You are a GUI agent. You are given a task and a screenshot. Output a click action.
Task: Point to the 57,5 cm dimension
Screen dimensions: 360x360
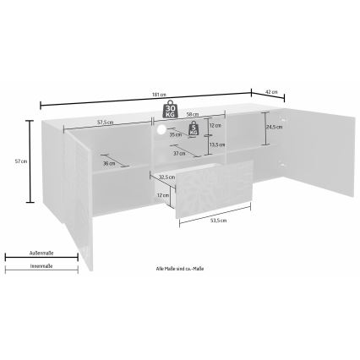point(105,122)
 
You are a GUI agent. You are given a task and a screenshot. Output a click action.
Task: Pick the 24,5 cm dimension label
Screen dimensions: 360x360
point(274,128)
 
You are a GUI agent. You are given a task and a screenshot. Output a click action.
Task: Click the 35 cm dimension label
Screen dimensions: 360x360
point(174,134)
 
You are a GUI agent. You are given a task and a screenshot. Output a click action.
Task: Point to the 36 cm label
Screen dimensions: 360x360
point(108,164)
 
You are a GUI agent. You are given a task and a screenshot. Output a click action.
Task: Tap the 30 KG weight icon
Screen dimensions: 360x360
point(170,109)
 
